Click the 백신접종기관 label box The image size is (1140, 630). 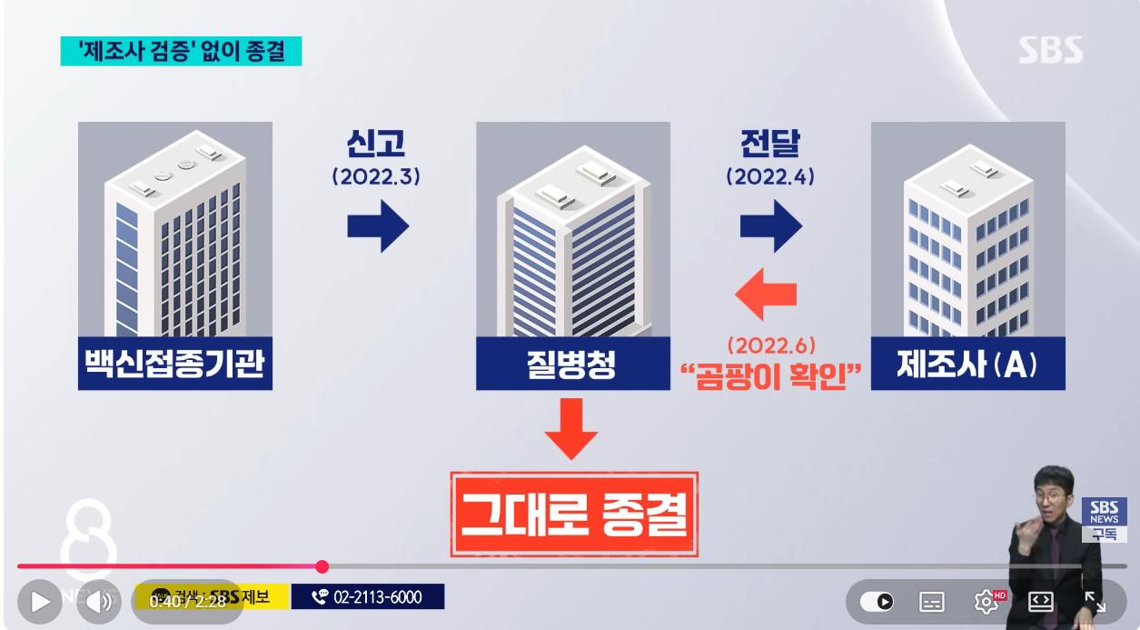tap(174, 365)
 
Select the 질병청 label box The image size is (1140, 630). tap(572, 365)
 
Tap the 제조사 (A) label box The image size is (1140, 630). tap(967, 365)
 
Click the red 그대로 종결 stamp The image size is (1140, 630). tap(574, 514)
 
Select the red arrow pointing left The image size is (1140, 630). tap(765, 294)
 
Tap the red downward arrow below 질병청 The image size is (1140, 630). tap(572, 429)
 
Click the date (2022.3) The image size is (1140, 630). tap(376, 177)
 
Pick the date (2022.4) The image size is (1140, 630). tap(770, 177)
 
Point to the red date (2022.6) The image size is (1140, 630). tap(770, 346)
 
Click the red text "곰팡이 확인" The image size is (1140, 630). tap(770, 375)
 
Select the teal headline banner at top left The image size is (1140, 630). tap(181, 51)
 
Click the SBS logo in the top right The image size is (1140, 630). tap(1050, 50)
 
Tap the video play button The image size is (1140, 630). tap(39, 601)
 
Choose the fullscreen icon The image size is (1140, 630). tap(1095, 601)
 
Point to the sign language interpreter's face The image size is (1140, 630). tap(1054, 491)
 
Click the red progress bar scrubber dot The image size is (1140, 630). tap(322, 566)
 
